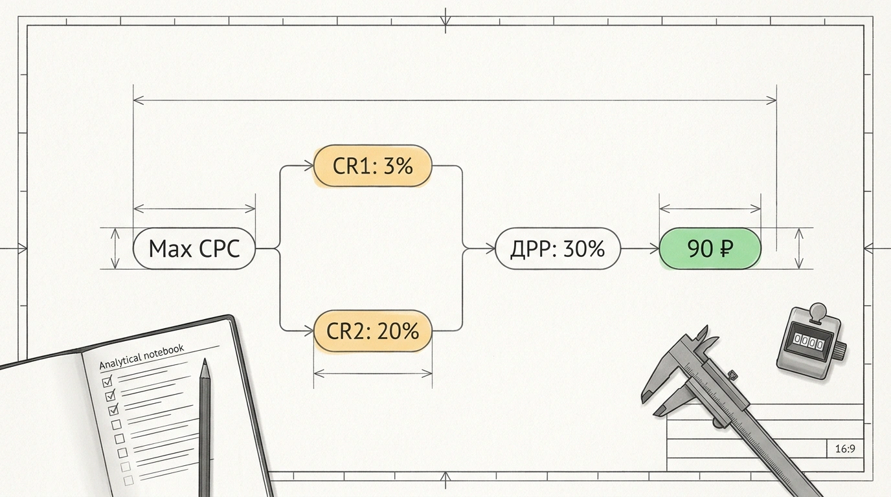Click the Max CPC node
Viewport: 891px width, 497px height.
tap(194, 248)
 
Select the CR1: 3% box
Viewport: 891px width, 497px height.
tap(372, 166)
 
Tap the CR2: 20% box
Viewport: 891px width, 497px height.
tap(373, 331)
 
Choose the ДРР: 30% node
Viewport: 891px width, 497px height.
tap(558, 248)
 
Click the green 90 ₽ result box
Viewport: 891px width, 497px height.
tap(710, 248)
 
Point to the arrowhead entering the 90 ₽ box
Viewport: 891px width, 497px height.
tap(654, 249)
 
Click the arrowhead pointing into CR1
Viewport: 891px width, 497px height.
tap(309, 166)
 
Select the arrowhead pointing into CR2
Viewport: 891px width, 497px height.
tap(309, 331)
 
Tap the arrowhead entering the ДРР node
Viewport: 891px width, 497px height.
tap(490, 249)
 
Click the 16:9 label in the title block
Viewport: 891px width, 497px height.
tap(845, 449)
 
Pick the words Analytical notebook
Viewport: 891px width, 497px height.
tap(142, 357)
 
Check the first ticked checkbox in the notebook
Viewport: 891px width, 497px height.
tap(107, 382)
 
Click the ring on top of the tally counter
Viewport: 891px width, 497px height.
tap(818, 310)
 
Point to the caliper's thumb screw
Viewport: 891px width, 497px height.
tap(732, 375)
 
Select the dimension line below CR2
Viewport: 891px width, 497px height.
tap(373, 373)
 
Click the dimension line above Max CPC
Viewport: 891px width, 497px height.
tap(194, 208)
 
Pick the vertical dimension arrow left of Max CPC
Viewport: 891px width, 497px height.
tap(115, 248)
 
